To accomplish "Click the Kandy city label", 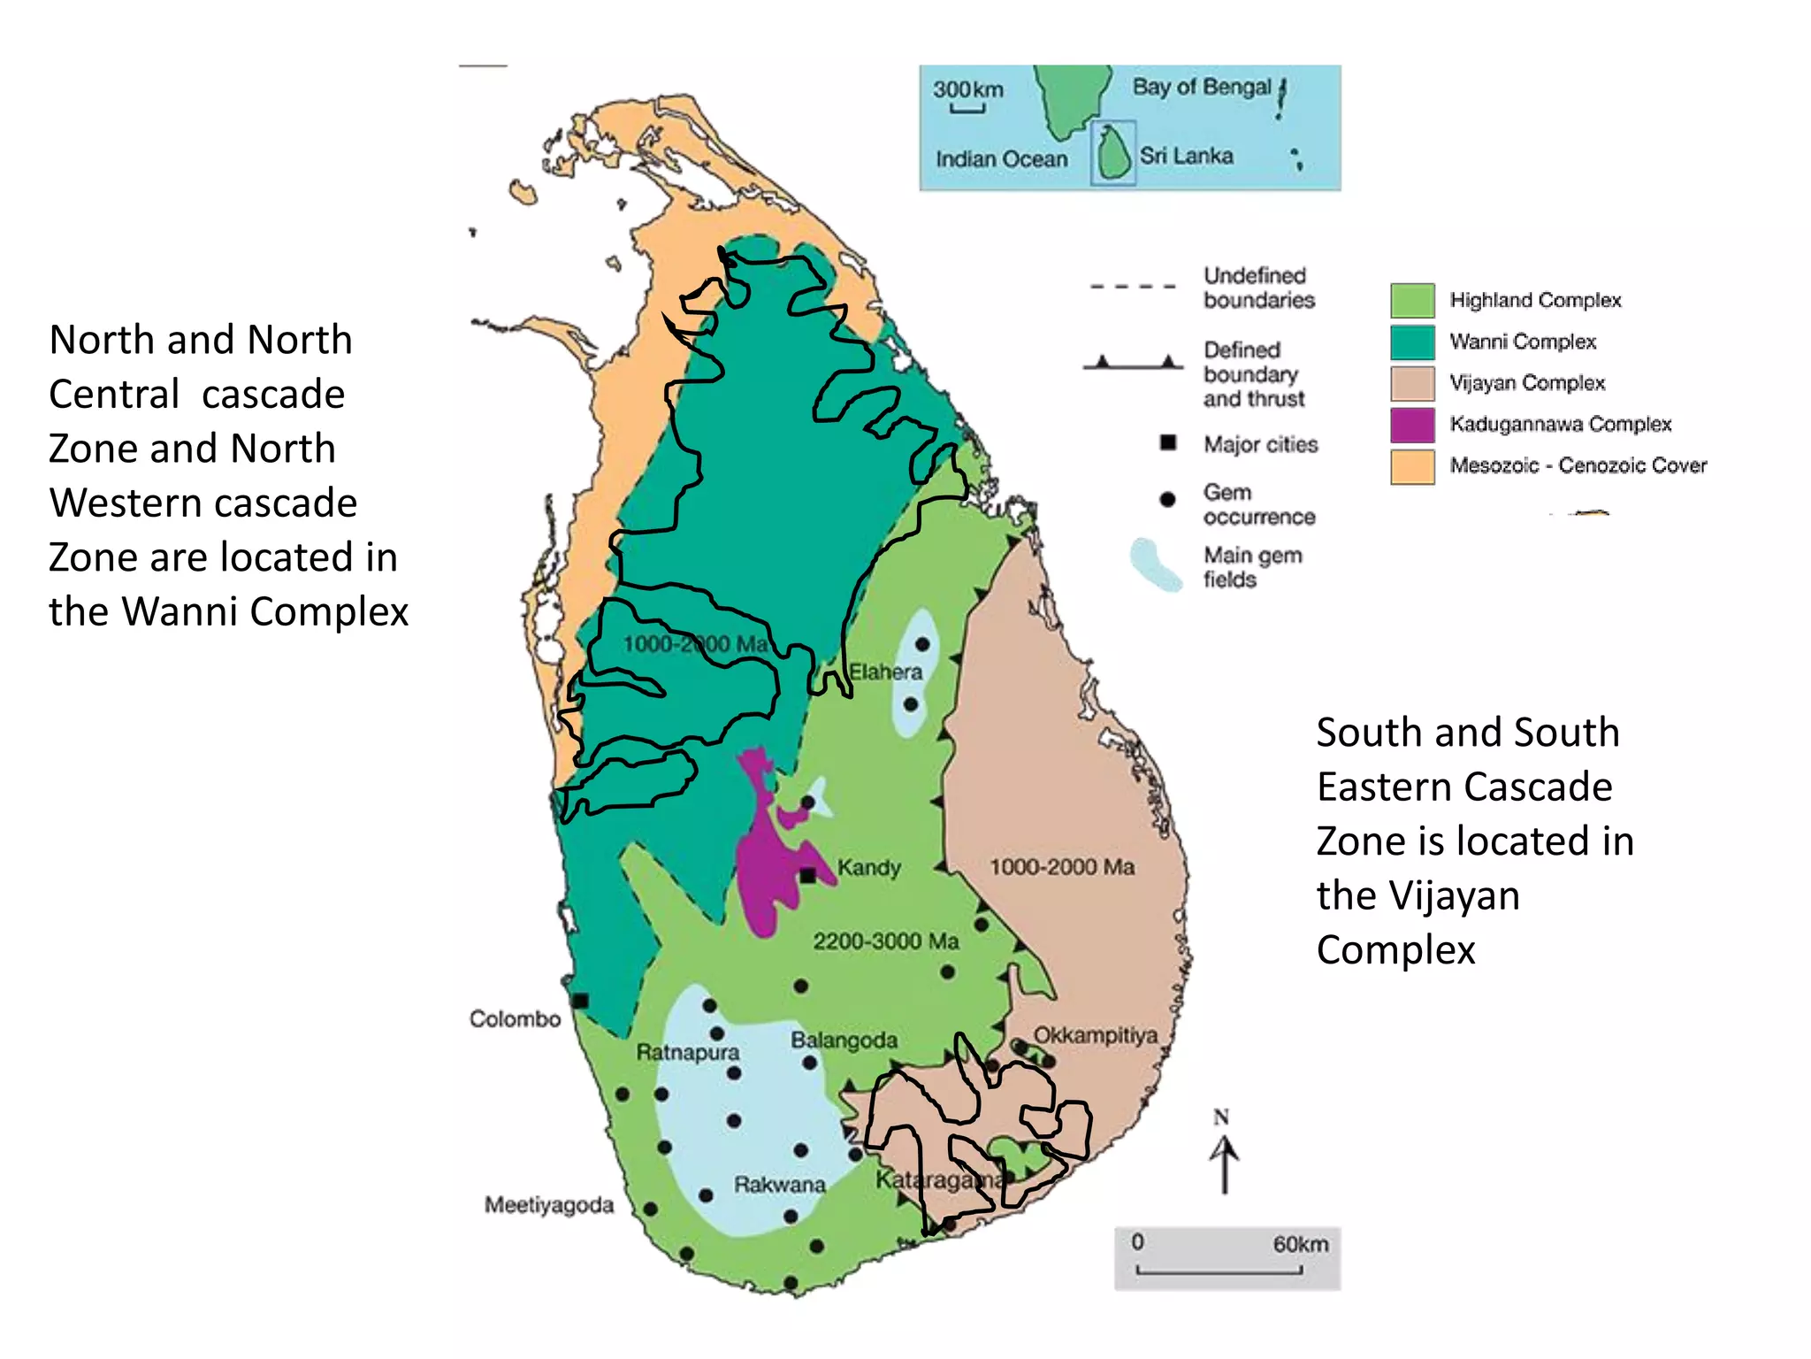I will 868,867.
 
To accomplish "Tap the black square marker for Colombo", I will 580,1001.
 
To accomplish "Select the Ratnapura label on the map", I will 687,1053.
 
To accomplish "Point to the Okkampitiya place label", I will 1095,1035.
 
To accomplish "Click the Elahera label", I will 885,672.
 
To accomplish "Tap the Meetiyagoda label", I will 548,1205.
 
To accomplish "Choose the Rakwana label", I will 779,1185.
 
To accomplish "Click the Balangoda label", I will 844,1040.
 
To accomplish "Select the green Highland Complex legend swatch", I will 1412,301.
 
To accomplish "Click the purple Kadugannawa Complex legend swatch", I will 1412,425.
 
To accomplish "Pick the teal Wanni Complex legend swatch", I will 1412,342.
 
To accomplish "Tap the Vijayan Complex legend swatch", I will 1412,383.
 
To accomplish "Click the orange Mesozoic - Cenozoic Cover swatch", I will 1412,466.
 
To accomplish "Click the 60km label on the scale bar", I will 1300,1244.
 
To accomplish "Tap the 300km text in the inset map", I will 967,89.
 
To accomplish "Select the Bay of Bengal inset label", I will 1201,87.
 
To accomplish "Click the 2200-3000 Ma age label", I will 886,941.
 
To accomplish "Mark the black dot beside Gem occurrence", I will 1167,500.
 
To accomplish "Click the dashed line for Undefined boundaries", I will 1133,287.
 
